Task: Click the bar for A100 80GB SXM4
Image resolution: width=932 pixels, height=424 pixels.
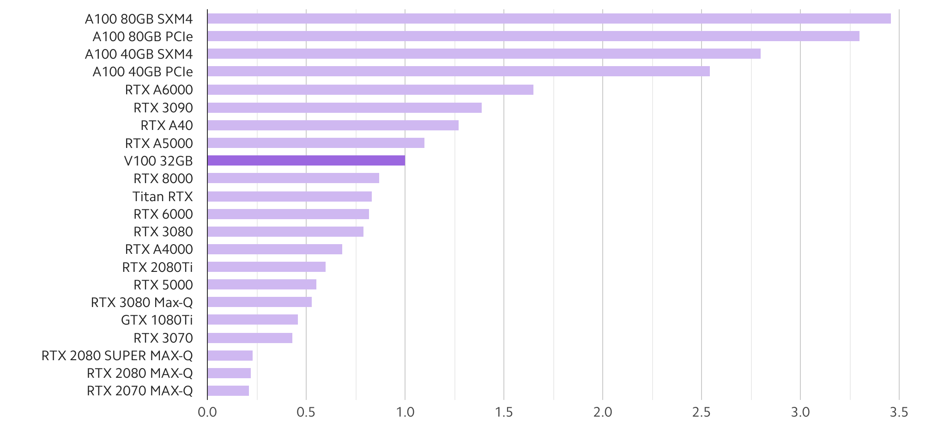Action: pyautogui.click(x=549, y=18)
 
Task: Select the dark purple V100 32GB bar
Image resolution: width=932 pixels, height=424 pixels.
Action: pyautogui.click(x=306, y=160)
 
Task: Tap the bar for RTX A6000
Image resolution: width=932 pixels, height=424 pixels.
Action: pyautogui.click(x=370, y=90)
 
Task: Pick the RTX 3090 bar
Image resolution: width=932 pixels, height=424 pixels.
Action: pyautogui.click(x=345, y=108)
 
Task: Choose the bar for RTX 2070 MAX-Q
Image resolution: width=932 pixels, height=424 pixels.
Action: pyautogui.click(x=228, y=391)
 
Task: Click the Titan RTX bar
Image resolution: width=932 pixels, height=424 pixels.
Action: pyautogui.click(x=290, y=197)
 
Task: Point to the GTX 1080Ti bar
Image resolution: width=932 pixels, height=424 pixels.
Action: pyautogui.click(x=253, y=320)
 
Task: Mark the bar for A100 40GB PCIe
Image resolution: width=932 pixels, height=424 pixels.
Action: pyautogui.click(x=459, y=71)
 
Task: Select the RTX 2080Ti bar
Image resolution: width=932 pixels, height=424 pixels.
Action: pyautogui.click(x=266, y=267)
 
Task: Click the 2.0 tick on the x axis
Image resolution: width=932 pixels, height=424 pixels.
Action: pyautogui.click(x=603, y=412)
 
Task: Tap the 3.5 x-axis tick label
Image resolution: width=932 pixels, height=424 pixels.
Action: pyautogui.click(x=899, y=412)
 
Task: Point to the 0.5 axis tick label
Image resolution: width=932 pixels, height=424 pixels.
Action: pyautogui.click(x=306, y=412)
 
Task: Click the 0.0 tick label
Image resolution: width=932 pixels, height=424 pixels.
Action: pyautogui.click(x=207, y=412)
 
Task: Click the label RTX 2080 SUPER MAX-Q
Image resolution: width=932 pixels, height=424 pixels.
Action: pyautogui.click(x=117, y=356)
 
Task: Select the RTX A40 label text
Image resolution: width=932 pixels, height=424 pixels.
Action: pyautogui.click(x=167, y=125)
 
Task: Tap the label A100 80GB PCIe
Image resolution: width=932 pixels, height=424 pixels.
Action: pyautogui.click(x=143, y=37)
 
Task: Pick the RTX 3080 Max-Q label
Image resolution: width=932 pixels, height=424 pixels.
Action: pyautogui.click(x=142, y=302)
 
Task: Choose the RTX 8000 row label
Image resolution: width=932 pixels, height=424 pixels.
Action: pyautogui.click(x=163, y=178)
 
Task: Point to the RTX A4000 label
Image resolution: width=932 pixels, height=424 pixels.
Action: pyautogui.click(x=159, y=249)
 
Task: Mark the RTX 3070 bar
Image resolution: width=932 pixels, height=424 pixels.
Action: pyautogui.click(x=250, y=338)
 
